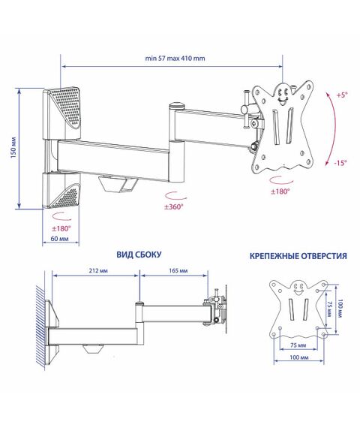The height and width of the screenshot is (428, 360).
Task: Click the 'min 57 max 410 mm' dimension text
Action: click(x=175, y=58)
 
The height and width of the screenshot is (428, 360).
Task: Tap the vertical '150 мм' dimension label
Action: click(x=13, y=147)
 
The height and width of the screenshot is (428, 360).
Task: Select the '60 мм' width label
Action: click(x=59, y=239)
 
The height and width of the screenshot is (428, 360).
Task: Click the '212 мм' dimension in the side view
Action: click(x=98, y=270)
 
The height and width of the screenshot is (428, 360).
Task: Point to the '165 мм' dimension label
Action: click(x=178, y=270)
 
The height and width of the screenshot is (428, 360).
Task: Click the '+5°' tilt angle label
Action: click(x=342, y=95)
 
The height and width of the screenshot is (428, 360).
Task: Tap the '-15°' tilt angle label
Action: click(x=340, y=163)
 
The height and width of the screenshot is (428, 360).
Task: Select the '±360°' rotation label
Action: click(x=174, y=207)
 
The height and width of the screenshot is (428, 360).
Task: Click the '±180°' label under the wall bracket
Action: click(x=61, y=228)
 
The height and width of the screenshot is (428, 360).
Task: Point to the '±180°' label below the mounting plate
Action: click(x=280, y=191)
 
